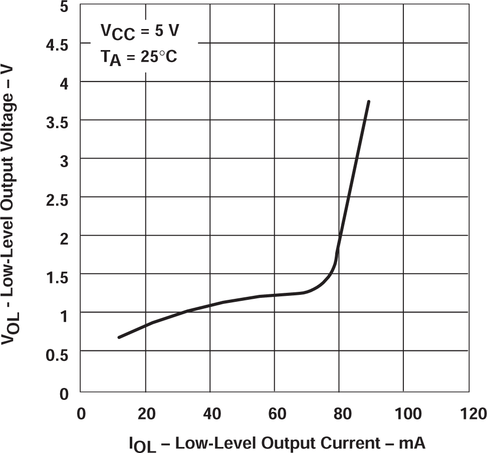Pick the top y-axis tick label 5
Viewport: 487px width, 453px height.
(x=64, y=7)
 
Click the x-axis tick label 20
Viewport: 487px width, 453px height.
(x=145, y=414)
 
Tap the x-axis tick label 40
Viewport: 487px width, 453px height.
(x=210, y=414)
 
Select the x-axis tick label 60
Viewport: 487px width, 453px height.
(x=275, y=414)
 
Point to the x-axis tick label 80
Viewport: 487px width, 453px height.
(x=339, y=414)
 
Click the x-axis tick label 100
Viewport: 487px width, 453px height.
(x=403, y=414)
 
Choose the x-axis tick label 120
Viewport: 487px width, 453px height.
(x=468, y=414)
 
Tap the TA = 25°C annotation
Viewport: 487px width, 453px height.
(x=139, y=58)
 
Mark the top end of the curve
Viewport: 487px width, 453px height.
(x=369, y=102)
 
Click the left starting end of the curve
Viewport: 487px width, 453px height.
(x=119, y=337)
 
